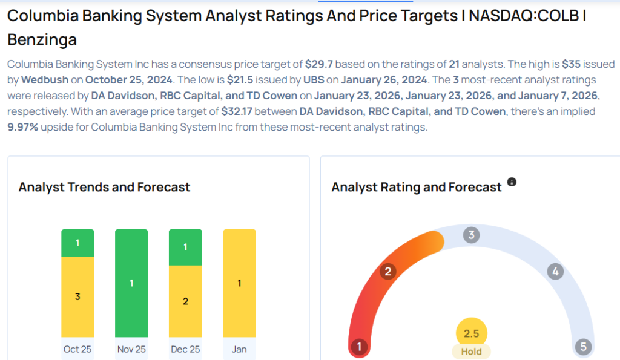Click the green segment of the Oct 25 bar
point(77,243)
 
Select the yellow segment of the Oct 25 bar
point(77,296)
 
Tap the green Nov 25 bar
point(131,283)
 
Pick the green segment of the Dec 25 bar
point(185,247)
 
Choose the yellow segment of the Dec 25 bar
point(185,301)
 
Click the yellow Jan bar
point(239,283)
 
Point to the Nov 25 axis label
point(131,349)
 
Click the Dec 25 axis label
point(185,349)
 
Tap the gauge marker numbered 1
point(359,347)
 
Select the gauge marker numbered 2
point(387,271)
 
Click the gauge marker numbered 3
point(471,235)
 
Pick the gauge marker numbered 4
point(555,271)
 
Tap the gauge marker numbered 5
point(583,347)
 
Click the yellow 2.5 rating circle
point(471,333)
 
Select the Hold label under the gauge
point(471,352)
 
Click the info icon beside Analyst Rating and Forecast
point(512,182)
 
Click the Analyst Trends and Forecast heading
point(104,187)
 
